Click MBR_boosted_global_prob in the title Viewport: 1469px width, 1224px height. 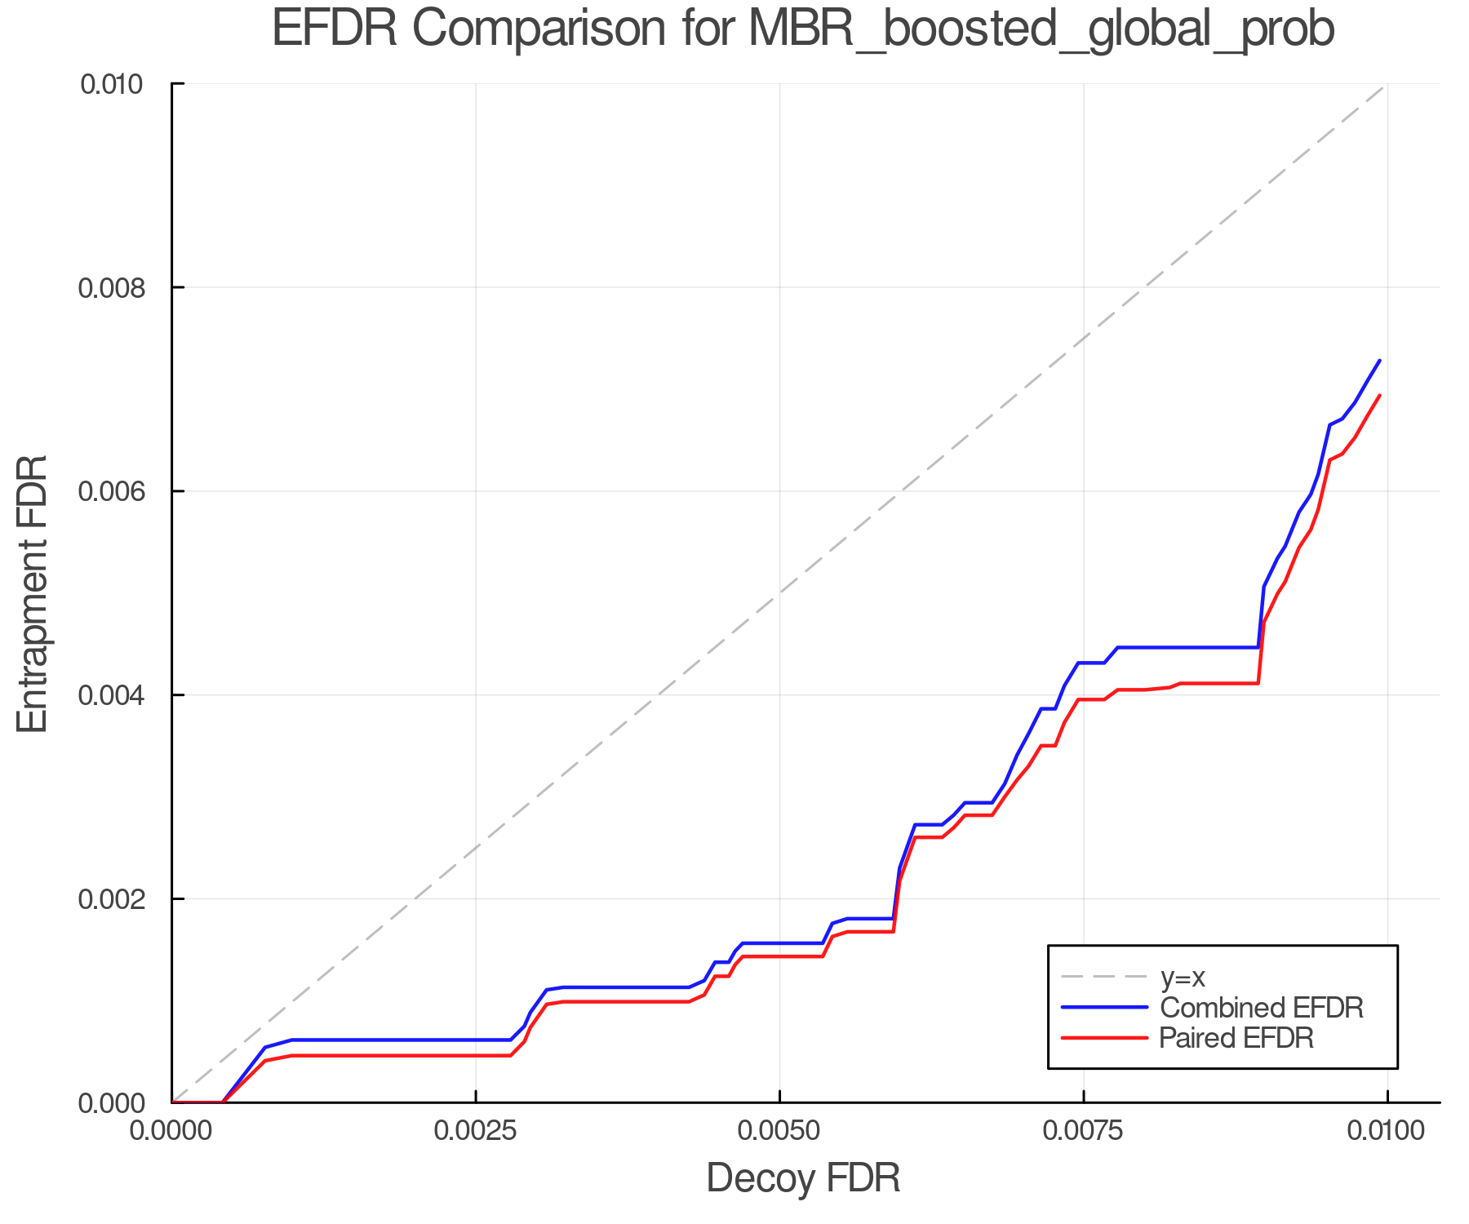click(1040, 30)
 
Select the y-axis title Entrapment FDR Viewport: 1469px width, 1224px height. click(33, 593)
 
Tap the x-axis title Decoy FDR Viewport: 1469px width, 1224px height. click(803, 1178)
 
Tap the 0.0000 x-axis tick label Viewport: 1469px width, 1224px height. click(171, 1131)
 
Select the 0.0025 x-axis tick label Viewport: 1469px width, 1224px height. click(476, 1131)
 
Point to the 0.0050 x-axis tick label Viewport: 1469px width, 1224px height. click(779, 1131)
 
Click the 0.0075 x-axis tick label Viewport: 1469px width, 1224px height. click(1084, 1131)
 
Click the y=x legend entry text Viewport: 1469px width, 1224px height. click(1183, 977)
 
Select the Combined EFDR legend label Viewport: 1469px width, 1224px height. click(1261, 1008)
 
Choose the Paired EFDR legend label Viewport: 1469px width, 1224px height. click(1236, 1038)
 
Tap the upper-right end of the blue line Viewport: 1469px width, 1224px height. click(1379, 361)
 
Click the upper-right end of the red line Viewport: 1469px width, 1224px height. click(1379, 396)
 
